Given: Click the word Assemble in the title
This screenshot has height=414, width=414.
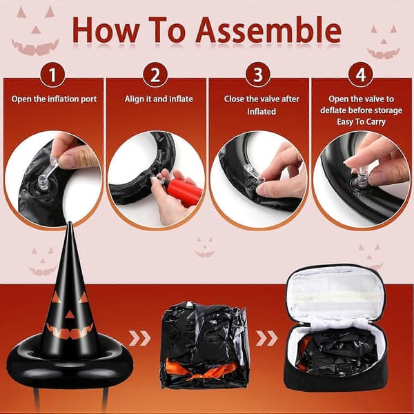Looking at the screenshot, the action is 268,30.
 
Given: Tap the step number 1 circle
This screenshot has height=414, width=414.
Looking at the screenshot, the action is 52,75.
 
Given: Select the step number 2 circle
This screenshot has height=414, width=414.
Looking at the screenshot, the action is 155,75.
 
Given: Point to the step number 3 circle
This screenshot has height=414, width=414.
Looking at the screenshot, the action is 258,75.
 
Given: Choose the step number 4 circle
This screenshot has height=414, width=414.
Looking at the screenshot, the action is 361,75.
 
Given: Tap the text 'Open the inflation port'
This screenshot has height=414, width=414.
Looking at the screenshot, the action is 54,99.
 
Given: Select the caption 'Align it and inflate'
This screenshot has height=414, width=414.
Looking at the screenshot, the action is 159,99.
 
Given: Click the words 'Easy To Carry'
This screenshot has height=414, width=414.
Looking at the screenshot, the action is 361,122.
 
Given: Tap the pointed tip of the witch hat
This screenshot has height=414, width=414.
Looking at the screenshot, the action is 70,223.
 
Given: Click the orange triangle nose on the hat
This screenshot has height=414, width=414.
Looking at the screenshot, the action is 70,315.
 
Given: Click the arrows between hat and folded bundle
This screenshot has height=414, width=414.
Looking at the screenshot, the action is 140,338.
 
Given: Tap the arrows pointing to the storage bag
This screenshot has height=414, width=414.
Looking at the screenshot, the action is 267,338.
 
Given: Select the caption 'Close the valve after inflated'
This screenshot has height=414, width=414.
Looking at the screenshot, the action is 262,105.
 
